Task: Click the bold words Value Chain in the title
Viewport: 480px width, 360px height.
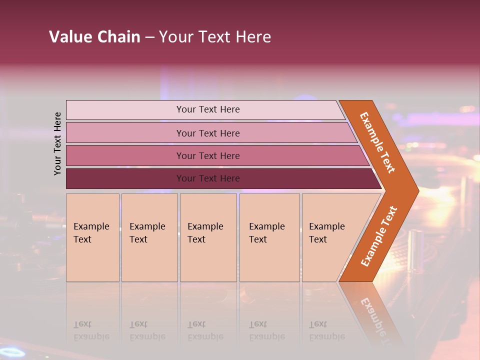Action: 94,37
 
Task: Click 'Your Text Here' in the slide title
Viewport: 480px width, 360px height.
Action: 215,37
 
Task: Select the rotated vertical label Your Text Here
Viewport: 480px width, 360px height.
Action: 57,143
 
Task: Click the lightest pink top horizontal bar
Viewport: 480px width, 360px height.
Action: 125,110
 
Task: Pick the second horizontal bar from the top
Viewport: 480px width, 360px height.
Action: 125,133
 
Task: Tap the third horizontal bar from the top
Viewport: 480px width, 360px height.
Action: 125,155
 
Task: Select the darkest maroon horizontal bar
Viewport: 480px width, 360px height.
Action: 125,178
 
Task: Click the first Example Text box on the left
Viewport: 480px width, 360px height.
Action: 92,237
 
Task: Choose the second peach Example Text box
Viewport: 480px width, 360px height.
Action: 149,237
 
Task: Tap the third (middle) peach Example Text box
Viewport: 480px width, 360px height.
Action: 208,237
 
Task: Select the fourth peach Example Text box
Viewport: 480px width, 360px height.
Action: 269,237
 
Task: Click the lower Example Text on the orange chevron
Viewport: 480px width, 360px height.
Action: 379,236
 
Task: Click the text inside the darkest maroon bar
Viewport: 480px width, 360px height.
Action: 208,178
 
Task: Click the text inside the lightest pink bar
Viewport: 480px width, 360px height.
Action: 208,109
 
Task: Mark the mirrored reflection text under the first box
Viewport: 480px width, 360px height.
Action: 91,331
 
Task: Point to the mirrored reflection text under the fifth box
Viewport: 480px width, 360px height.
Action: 327,331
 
